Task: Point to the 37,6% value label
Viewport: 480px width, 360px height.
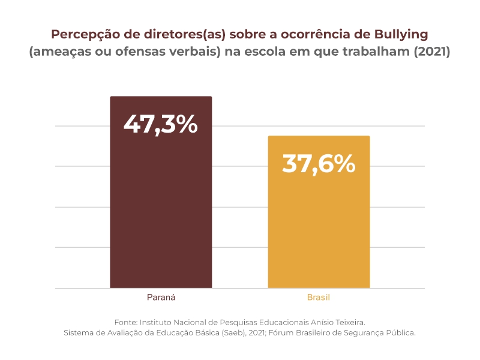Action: point(319,163)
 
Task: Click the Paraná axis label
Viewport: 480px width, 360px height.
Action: point(161,298)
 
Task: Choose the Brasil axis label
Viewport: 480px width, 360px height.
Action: point(319,298)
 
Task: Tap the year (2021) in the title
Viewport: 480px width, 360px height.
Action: point(432,52)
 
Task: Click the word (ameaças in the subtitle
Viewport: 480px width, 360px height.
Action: point(58,52)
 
